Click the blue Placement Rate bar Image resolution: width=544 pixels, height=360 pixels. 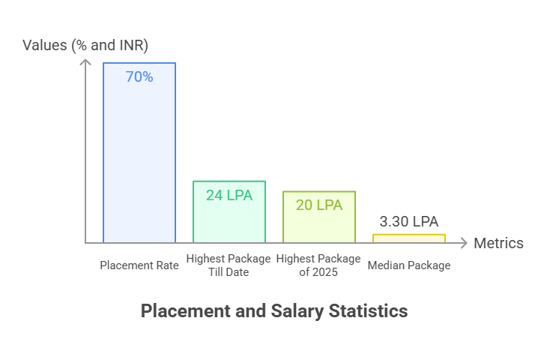tap(139, 157)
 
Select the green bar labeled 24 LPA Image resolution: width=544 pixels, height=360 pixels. tap(229, 221)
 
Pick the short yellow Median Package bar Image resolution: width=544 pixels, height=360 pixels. tap(409, 238)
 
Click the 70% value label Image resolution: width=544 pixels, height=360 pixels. tap(139, 76)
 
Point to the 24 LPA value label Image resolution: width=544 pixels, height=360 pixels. tap(229, 195)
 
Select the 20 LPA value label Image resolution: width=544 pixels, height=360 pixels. tap(319, 205)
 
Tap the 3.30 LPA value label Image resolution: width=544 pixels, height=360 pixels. tap(409, 221)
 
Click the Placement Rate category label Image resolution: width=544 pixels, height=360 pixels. tap(139, 265)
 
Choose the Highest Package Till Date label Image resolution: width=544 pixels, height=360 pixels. tap(229, 265)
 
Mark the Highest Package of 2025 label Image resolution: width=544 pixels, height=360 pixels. tap(319, 265)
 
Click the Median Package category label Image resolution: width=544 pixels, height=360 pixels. tap(409, 265)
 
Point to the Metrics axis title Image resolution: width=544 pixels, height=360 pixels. tap(498, 243)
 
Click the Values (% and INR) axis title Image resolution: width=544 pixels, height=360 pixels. tap(85, 45)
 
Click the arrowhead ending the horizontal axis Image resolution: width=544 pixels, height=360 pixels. tap(465, 243)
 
